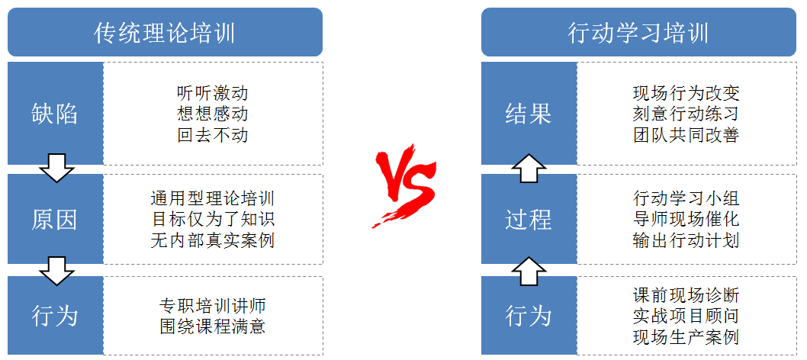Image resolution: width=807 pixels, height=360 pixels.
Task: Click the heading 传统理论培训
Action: (165, 32)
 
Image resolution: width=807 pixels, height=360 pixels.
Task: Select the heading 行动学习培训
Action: (638, 32)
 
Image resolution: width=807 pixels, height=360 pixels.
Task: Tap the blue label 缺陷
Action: (55, 114)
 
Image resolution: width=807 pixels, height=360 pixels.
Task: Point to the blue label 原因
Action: (55, 220)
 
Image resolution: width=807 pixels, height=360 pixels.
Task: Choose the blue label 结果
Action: (529, 114)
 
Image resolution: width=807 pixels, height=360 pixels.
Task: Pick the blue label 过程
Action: (529, 220)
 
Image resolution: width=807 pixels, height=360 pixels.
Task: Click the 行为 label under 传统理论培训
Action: (55, 315)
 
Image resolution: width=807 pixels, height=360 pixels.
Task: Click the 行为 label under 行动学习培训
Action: (529, 315)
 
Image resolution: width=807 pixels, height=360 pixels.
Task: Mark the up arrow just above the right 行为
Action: (529, 270)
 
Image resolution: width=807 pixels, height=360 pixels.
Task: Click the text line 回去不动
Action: (212, 136)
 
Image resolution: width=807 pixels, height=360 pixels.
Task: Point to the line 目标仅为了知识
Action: (213, 220)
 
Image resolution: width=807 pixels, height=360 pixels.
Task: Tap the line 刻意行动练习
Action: (686, 114)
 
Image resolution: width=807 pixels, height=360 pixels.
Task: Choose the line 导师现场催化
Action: (686, 220)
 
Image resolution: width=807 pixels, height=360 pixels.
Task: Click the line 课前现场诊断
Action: (686, 295)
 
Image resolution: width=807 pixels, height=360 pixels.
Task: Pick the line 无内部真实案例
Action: (213, 240)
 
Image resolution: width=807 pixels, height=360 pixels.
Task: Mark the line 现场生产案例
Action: (686, 336)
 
